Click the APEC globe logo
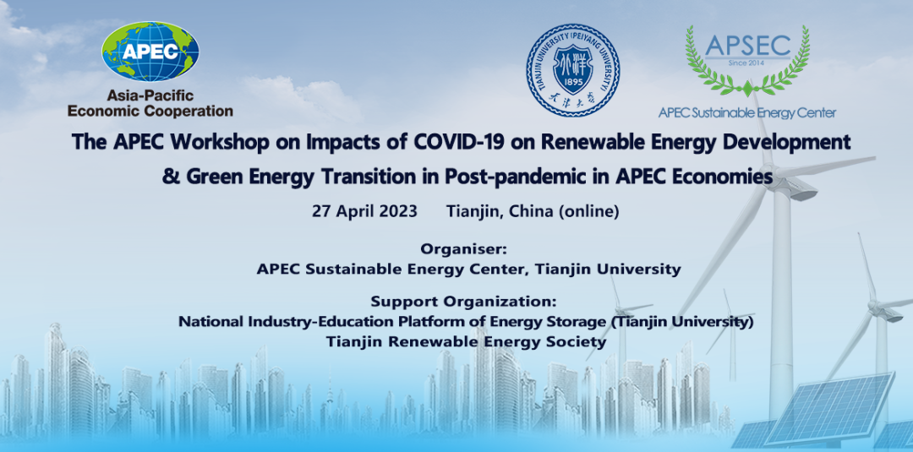[x=150, y=52]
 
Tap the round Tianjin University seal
[x=573, y=70]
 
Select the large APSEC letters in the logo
[x=747, y=46]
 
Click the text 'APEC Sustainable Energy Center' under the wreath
[x=747, y=113]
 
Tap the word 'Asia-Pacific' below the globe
[x=150, y=95]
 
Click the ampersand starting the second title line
[x=171, y=177]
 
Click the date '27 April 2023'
[x=364, y=211]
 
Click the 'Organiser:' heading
[x=464, y=249]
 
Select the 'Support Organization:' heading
[x=463, y=302]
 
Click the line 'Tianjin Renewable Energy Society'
[x=466, y=341]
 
